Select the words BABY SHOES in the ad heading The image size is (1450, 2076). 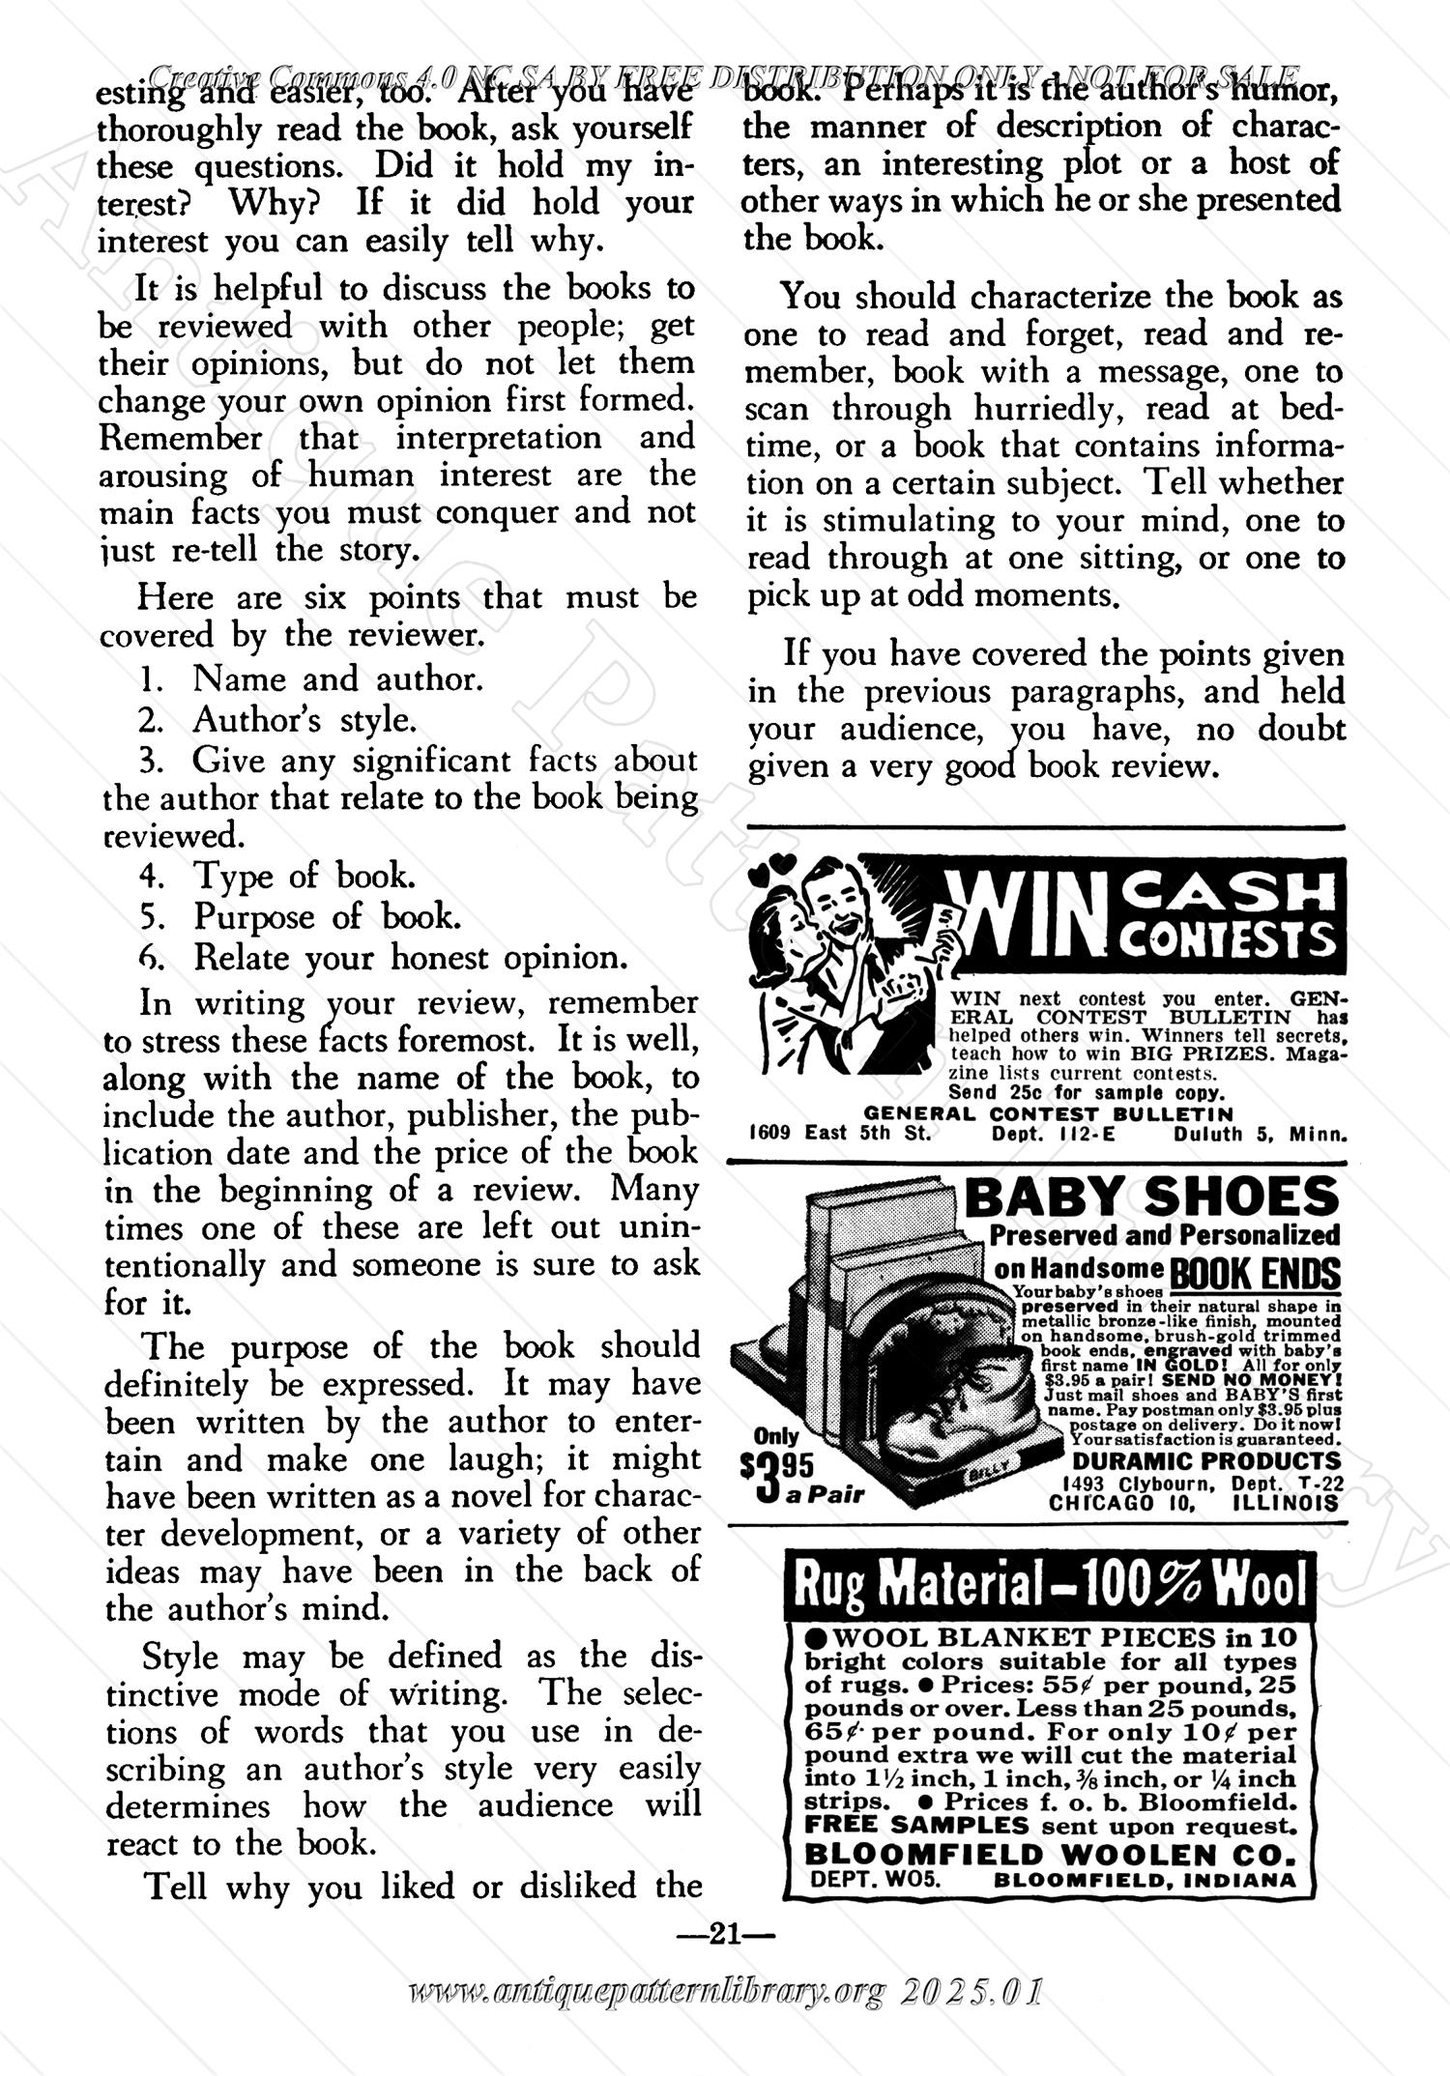[x=1152, y=1198]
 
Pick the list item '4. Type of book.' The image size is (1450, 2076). [x=277, y=876]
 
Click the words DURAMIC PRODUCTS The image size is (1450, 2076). [x=1206, y=1460]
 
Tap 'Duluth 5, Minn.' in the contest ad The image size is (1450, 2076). [x=1261, y=1134]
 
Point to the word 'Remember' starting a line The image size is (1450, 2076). [x=181, y=438]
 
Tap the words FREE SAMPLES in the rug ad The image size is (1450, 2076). [x=916, y=1826]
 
